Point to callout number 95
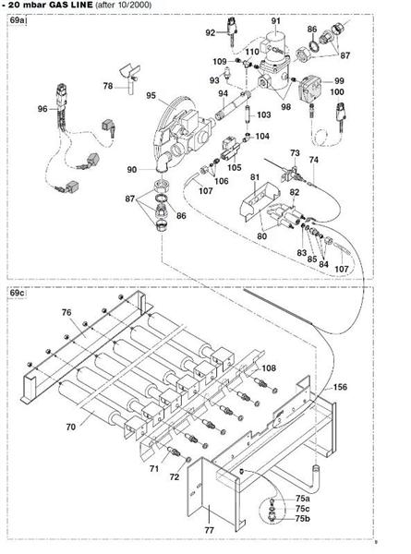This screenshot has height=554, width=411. [x=150, y=96]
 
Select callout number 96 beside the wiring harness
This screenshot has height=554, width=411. [x=42, y=109]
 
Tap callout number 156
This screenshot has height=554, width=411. [x=340, y=386]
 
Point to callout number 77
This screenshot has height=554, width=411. [x=209, y=531]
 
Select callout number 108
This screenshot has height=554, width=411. [x=268, y=368]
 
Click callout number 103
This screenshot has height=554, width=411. [x=263, y=115]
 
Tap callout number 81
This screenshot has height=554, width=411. [x=255, y=175]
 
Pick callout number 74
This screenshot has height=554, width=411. [x=313, y=160]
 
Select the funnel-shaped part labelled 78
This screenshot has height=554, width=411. [x=129, y=72]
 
